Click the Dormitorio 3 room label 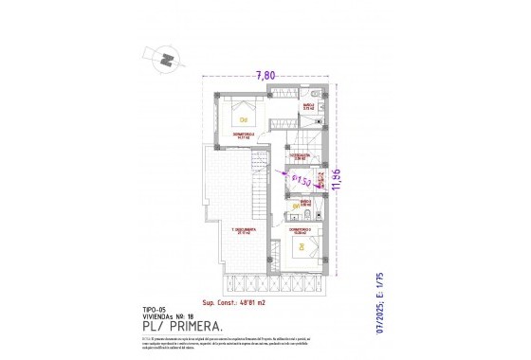pos(301,228)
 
